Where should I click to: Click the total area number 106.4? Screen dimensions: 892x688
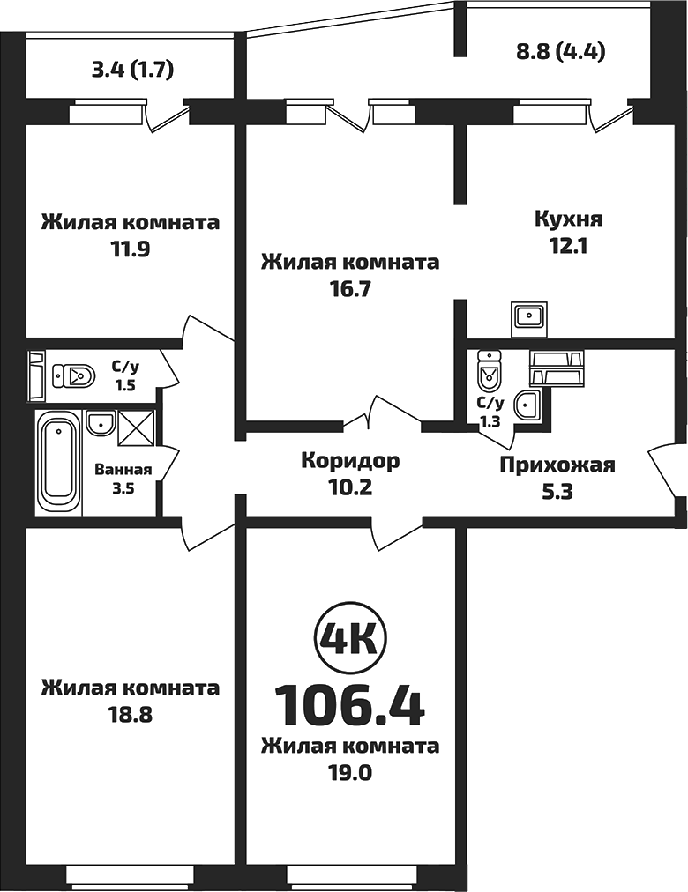pos(349,702)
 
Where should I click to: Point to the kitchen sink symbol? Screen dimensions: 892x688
pos(530,317)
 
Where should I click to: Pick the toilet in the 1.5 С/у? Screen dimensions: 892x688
pos(74,376)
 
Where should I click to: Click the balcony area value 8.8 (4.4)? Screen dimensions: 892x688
pos(559,50)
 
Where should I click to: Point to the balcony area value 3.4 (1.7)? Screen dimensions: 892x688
pos(131,69)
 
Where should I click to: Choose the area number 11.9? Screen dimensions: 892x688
pos(131,249)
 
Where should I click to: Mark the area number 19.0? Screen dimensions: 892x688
pos(349,773)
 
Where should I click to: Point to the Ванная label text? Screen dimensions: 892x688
pos(123,470)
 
